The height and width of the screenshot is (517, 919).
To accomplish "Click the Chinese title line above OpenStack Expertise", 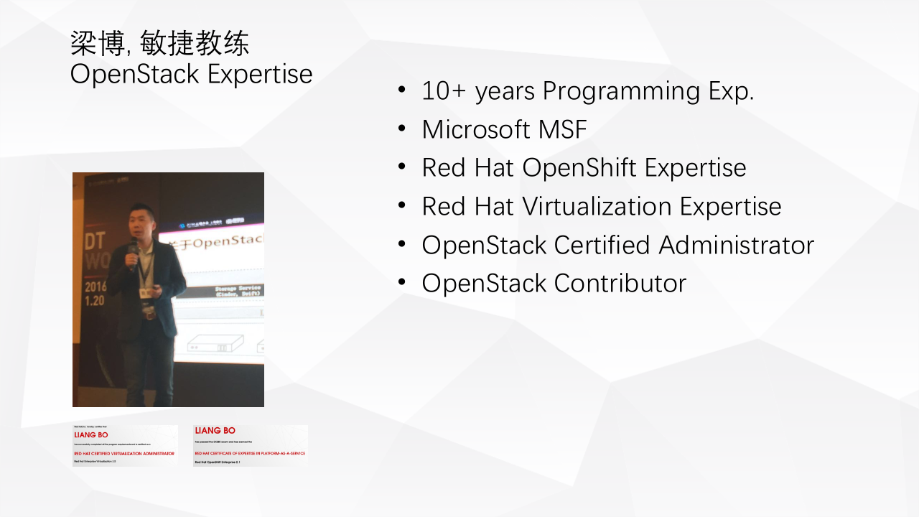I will point(159,45).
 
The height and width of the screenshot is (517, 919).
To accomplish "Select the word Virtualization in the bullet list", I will point(597,207).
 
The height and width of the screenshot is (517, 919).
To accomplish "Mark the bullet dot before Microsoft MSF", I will point(402,129).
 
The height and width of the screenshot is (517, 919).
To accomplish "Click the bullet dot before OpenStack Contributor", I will point(402,283).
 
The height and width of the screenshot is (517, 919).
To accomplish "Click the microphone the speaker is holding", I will point(133,251).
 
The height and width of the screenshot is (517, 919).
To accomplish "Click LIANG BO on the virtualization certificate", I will point(91,435).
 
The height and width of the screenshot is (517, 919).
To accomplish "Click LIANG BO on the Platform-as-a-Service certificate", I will point(215,431).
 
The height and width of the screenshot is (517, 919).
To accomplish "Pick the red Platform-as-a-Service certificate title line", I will point(250,454).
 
